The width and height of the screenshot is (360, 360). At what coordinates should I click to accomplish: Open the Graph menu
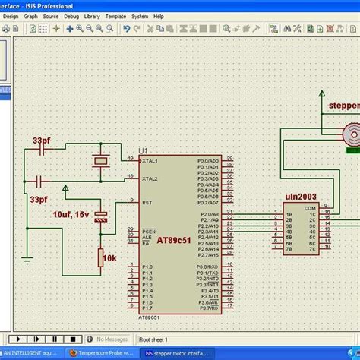30,15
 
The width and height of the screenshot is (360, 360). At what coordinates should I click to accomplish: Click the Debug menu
71,15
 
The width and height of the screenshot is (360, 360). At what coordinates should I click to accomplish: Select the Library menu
92,15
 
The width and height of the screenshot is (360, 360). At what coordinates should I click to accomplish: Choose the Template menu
115,15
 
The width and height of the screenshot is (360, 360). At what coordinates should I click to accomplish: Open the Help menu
158,15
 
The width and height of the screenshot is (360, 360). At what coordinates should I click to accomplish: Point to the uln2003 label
302,196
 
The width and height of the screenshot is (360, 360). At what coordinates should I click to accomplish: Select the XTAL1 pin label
149,162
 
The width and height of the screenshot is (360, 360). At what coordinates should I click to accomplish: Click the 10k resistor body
100,259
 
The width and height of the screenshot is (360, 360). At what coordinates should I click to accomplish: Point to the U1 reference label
144,151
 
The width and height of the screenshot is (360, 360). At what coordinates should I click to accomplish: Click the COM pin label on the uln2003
311,207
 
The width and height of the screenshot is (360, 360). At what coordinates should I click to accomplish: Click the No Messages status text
111,339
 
